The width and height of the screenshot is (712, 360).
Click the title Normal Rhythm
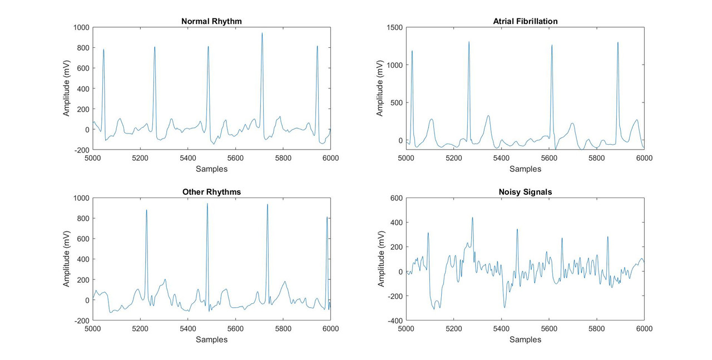(211, 22)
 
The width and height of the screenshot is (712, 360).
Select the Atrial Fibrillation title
(525, 22)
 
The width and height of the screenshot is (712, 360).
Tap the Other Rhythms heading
(211, 192)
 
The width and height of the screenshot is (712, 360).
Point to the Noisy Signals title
(525, 192)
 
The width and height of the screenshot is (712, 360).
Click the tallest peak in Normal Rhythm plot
(262, 33)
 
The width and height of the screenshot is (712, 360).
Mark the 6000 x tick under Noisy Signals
(644, 329)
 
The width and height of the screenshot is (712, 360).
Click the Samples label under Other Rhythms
(211, 339)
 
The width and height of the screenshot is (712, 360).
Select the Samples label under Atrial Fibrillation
(525, 169)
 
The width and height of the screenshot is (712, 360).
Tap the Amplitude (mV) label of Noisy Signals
(381, 259)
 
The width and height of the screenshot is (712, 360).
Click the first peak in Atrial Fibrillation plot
(412, 51)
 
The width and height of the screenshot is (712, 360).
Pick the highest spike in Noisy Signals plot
(472, 218)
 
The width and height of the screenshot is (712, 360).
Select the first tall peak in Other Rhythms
(146, 210)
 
